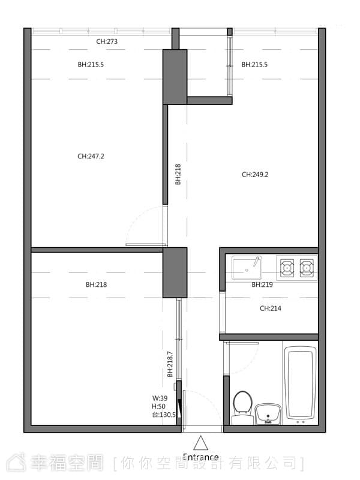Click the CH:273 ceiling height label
pyautogui.click(x=107, y=41)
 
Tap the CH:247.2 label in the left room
pyautogui.click(x=91, y=157)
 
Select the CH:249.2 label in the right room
pyautogui.click(x=255, y=175)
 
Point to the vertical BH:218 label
pyautogui.click(x=178, y=175)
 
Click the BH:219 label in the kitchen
pyautogui.click(x=262, y=284)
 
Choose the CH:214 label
pyautogui.click(x=271, y=308)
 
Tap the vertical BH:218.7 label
pyautogui.click(x=170, y=364)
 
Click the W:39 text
pyautogui.click(x=160, y=398)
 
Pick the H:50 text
pyautogui.click(x=158, y=407)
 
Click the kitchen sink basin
pyautogui.click(x=247, y=268)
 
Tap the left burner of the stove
pyautogui.click(x=287, y=268)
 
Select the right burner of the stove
pyautogui.click(x=307, y=268)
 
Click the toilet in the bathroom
pyautogui.click(x=243, y=407)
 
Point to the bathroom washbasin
pyautogui.click(x=268, y=414)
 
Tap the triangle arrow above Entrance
pyautogui.click(x=201, y=443)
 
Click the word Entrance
pyautogui.click(x=201, y=457)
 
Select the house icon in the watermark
pyautogui.click(x=16, y=462)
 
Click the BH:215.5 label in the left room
pyautogui.click(x=91, y=65)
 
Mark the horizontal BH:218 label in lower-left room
pyautogui.click(x=97, y=284)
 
